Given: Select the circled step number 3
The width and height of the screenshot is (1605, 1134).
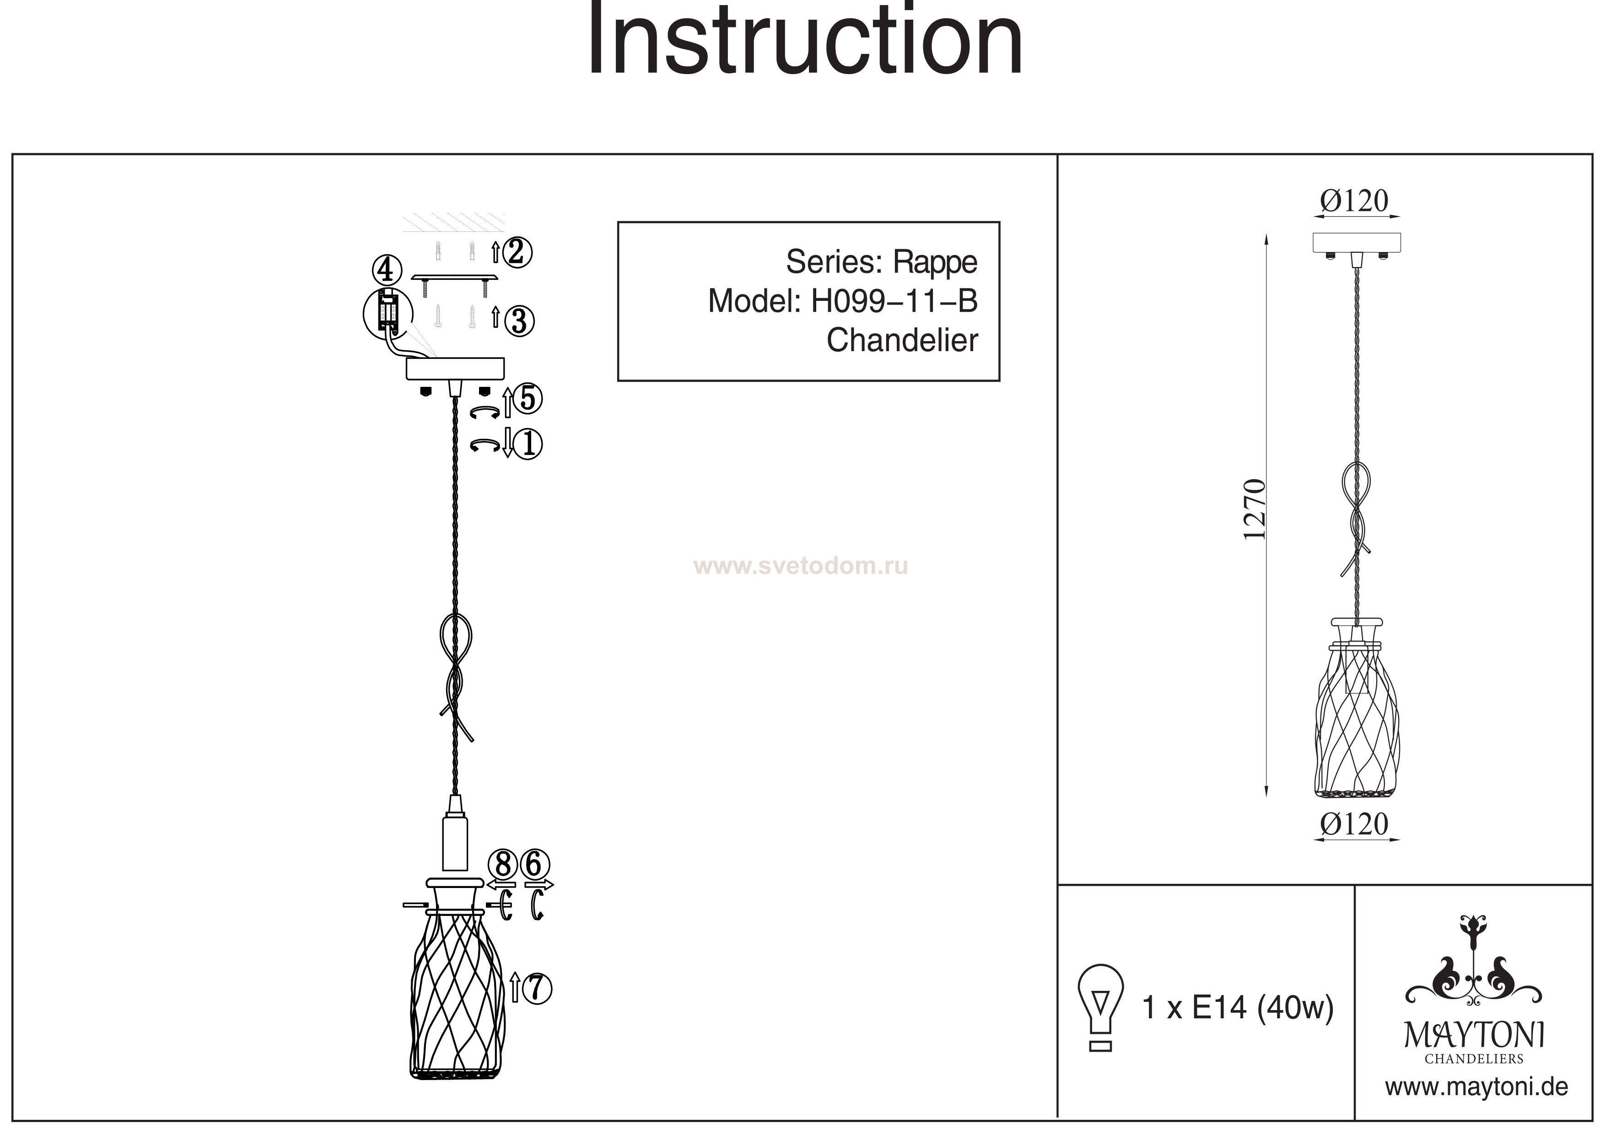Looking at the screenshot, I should point(519,321).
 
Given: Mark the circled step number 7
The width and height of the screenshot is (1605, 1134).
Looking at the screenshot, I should point(537,988).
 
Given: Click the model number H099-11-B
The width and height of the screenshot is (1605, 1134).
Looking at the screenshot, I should point(894,301).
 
